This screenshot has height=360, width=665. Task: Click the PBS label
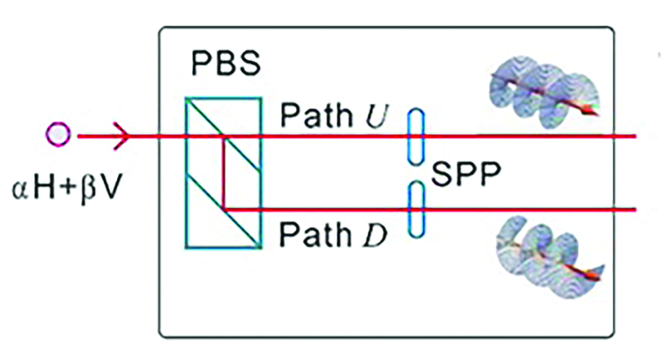[225, 64]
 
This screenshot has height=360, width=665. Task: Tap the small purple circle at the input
[58, 135]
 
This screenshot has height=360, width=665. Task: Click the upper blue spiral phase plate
[415, 137]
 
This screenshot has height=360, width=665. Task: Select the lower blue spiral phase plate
[415, 209]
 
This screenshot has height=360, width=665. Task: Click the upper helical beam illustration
[541, 89]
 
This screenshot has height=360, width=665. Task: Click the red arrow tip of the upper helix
[591, 111]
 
